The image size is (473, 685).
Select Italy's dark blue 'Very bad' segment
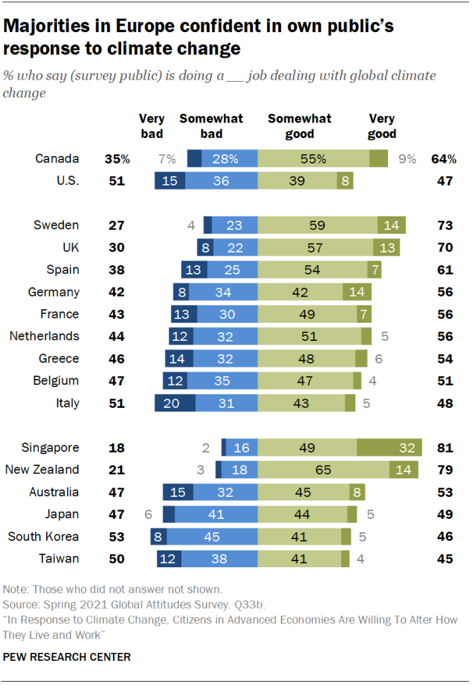(x=175, y=403)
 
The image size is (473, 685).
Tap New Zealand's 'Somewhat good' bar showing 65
(x=323, y=469)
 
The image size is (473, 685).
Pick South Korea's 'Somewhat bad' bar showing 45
(x=212, y=536)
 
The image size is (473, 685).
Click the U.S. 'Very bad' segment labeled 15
(x=170, y=181)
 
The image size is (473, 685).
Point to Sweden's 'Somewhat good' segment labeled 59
(x=318, y=225)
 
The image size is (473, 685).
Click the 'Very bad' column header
(x=152, y=126)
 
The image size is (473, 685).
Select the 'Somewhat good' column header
(x=300, y=126)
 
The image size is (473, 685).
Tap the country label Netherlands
(x=44, y=336)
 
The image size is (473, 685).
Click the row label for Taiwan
(x=60, y=558)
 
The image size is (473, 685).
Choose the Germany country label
(x=54, y=292)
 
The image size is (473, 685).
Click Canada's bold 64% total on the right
(x=444, y=159)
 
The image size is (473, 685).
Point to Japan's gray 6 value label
(x=148, y=514)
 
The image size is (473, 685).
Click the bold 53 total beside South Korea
(x=118, y=536)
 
